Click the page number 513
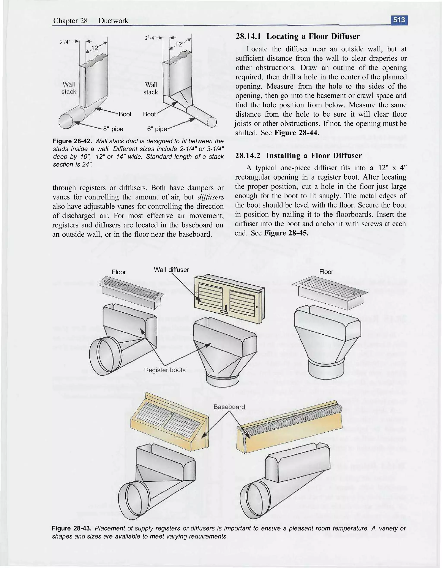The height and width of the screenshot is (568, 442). (399, 20)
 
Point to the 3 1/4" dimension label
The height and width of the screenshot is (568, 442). (65, 42)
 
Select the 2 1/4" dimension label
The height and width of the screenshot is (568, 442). (151, 38)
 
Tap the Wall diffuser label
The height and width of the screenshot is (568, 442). (171, 270)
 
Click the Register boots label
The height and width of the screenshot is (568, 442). (165, 370)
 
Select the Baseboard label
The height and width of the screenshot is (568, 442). (229, 407)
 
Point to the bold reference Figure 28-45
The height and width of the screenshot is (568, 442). (286, 233)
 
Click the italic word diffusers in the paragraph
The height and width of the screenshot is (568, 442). (211, 197)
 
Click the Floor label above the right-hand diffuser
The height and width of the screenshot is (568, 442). (326, 272)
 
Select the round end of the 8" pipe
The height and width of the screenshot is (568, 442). (66, 121)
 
